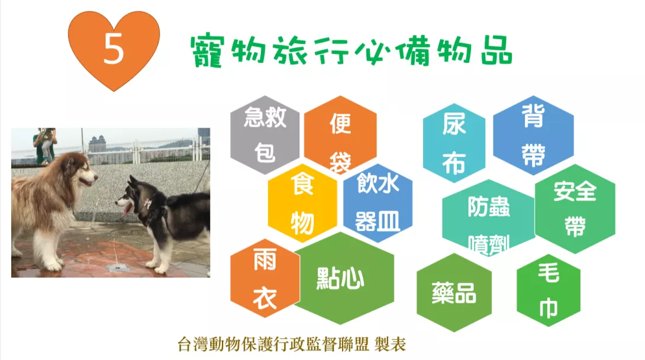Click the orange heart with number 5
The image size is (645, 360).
(x=114, y=49)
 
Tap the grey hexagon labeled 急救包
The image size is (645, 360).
(x=265, y=135)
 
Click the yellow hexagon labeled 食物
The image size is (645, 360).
(x=302, y=203)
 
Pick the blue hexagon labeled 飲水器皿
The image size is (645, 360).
(x=378, y=204)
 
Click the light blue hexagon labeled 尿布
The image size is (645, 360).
(x=454, y=143)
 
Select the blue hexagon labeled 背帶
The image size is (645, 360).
(x=534, y=135)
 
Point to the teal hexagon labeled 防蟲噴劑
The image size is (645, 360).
(x=488, y=217)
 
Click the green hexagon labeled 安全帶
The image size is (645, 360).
(x=575, y=208)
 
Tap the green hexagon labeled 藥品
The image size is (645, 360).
(x=454, y=292)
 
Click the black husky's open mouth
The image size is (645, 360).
(x=126, y=208)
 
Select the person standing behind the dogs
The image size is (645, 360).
(x=44, y=145)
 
